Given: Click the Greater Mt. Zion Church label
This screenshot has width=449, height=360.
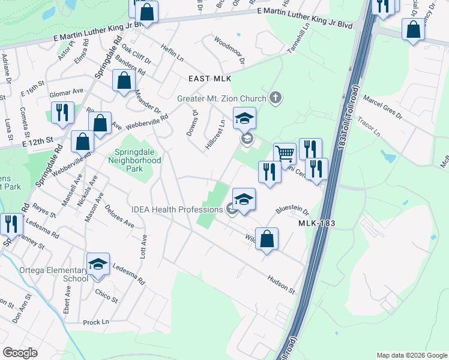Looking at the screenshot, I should pos(222,98).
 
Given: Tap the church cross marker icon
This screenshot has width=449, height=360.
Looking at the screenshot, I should pos(276,97).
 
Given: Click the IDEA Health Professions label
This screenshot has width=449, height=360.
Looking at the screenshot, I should pos(177,209).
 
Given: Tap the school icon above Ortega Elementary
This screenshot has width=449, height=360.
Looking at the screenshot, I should pos(98,264).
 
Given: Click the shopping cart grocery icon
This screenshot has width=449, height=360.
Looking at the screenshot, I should pos(285,154).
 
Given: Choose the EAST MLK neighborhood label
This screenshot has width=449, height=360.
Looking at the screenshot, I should pos(209,79).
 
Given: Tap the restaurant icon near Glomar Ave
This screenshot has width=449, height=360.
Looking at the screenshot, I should pos(62,113).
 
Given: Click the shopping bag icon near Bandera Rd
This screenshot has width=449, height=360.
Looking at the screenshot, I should pos(123,82).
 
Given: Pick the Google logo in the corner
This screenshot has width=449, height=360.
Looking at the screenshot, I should pos(20,353).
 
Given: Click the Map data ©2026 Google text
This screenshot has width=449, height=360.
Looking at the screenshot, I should pos(412,355).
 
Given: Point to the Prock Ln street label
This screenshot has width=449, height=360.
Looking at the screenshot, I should pos(96,322).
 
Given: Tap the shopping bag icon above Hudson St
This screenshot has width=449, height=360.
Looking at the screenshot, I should pos(267,239).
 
